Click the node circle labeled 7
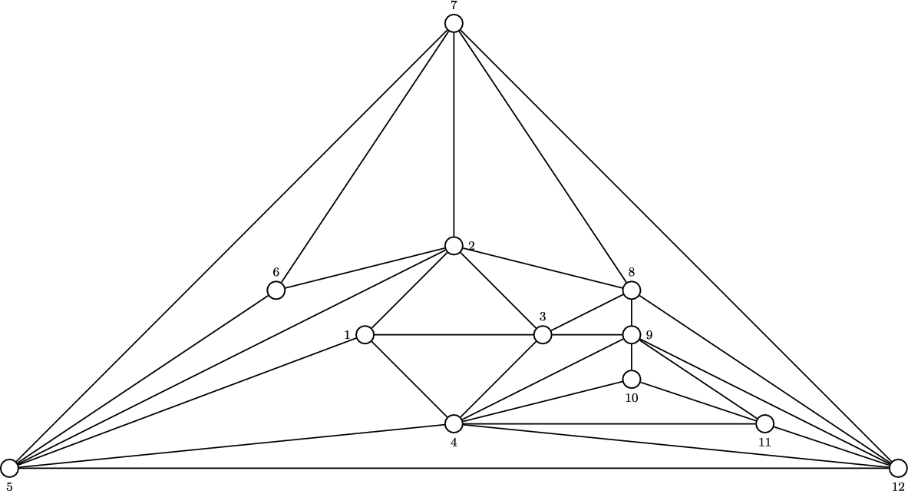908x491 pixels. point(454,24)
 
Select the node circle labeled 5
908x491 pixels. point(9,468)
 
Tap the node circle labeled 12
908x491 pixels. point(898,468)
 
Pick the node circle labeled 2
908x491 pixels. point(454,246)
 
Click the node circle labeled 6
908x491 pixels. point(276,290)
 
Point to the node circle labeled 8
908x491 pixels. point(631,290)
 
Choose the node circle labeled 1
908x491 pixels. point(365,335)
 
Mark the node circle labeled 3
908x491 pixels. point(543,335)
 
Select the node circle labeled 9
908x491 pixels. point(631,335)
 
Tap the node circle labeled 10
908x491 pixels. point(631,379)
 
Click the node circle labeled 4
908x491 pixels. point(454,423)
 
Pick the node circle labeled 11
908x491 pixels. point(764,423)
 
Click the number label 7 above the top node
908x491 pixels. point(454,6)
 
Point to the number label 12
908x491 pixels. point(898,486)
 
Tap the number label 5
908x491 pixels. point(9,486)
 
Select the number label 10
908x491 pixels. point(631,397)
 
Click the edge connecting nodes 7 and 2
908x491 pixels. point(454,134)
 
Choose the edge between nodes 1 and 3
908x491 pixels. point(453,335)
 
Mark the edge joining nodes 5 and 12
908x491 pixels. point(453,468)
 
